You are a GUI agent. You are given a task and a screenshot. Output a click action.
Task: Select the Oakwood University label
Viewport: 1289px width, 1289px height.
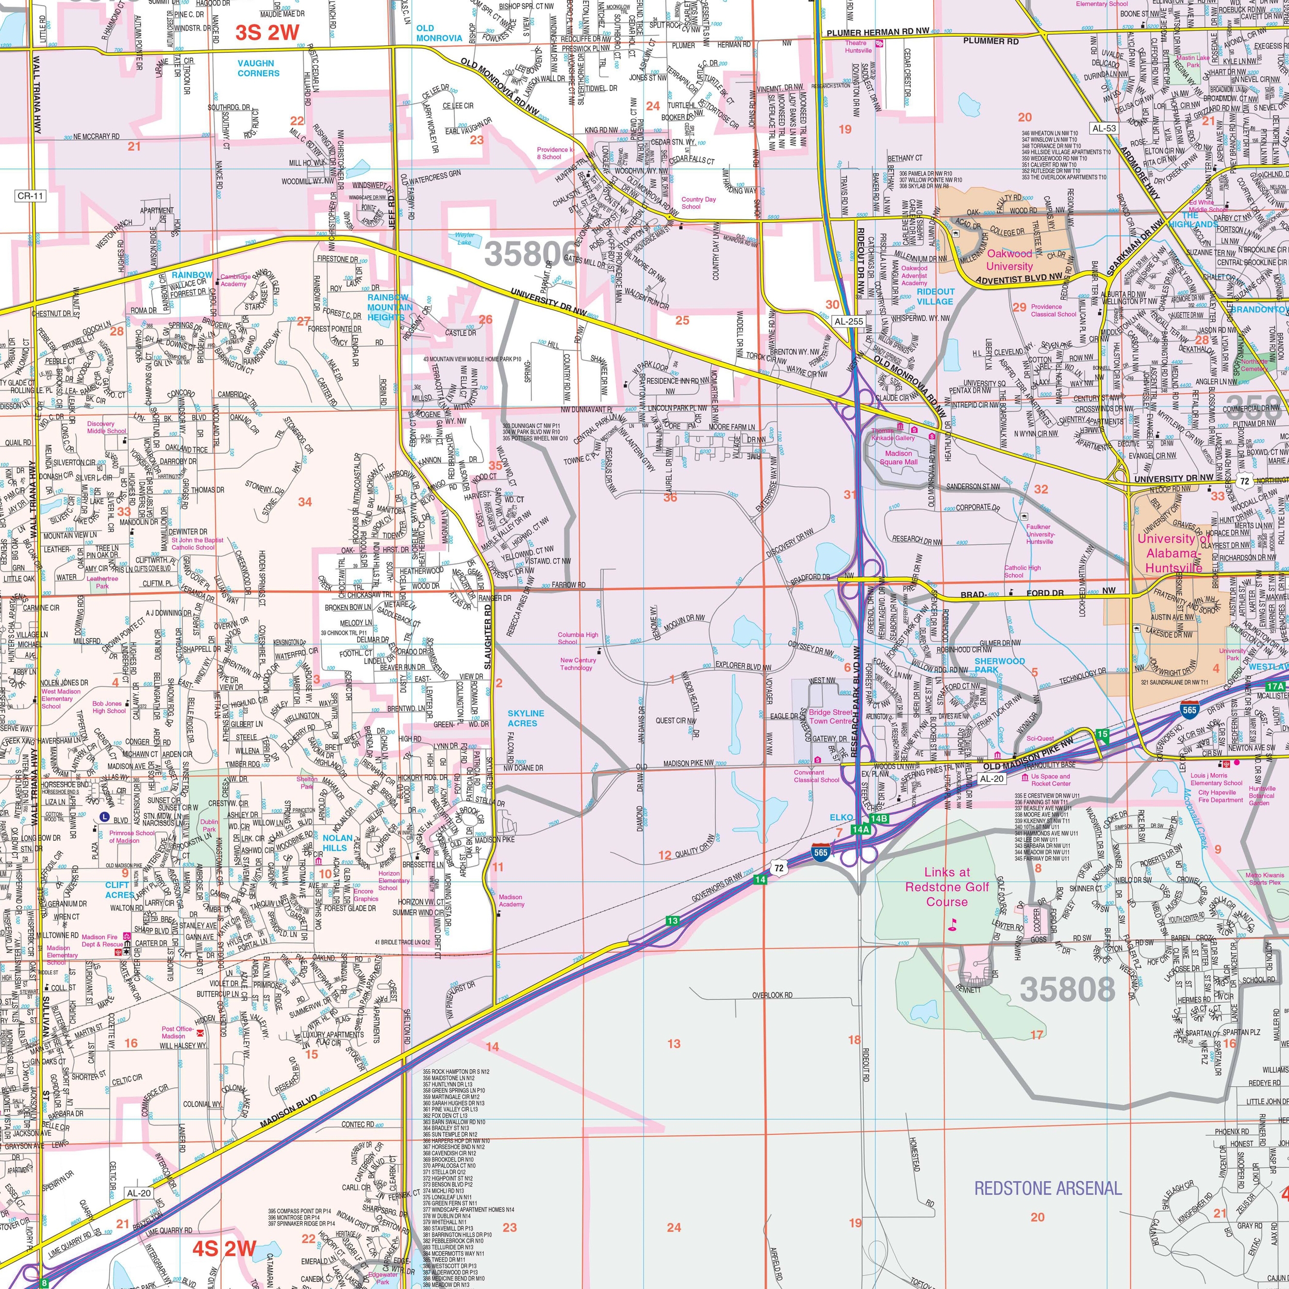(1009, 259)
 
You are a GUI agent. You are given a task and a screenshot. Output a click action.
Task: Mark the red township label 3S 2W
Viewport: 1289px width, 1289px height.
(267, 32)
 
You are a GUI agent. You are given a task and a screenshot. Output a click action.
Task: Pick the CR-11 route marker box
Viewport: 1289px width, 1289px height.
(30, 195)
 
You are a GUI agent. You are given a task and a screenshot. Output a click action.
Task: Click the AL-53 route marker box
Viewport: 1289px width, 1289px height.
(1103, 127)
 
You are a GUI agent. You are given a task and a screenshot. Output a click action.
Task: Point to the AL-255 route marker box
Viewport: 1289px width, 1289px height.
(849, 321)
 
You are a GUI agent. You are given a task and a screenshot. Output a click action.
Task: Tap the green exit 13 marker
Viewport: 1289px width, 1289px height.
(672, 921)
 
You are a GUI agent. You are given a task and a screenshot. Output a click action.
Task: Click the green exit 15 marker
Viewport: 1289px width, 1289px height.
(1101, 735)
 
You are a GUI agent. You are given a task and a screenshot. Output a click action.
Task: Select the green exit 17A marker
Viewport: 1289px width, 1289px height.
(1275, 686)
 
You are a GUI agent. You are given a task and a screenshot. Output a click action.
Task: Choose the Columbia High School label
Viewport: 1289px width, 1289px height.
(578, 638)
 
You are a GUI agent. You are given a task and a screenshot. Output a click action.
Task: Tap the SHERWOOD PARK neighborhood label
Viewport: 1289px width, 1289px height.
(999, 665)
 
